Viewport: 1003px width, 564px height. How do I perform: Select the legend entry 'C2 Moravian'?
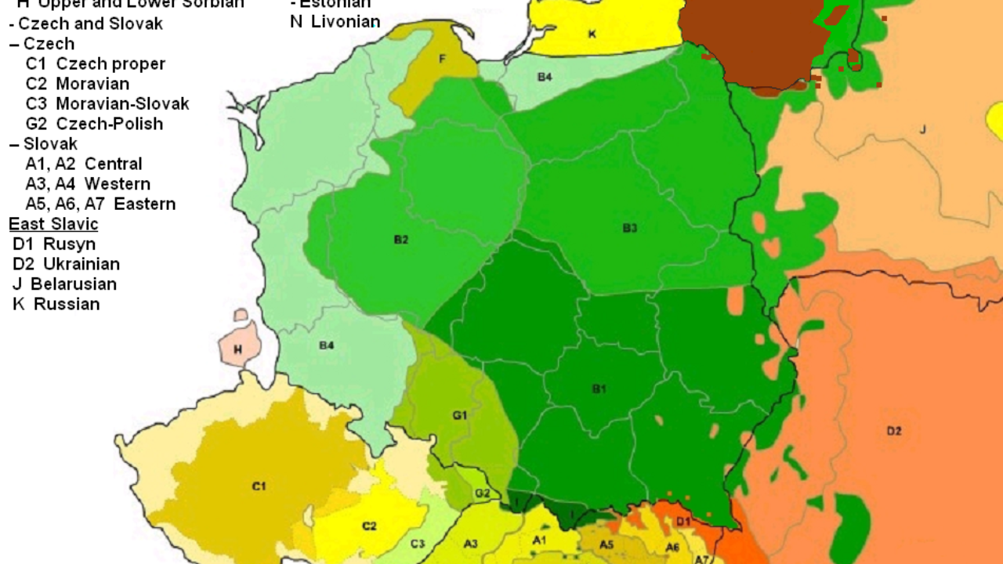[x=77, y=84]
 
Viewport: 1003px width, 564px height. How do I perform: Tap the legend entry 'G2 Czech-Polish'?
[x=94, y=124]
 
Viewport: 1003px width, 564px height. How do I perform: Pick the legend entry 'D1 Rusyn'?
[x=54, y=244]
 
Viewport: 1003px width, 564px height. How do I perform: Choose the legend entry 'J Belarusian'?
[x=64, y=284]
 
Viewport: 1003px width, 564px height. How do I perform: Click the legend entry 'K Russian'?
[x=56, y=304]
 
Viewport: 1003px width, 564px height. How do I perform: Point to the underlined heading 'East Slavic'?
[x=53, y=224]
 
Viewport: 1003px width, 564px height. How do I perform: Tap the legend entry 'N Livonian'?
[x=335, y=22]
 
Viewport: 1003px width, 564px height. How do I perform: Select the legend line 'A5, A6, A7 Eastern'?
[x=100, y=204]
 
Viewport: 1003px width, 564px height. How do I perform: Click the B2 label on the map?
[x=400, y=240]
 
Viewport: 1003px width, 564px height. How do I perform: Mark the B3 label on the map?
[x=630, y=228]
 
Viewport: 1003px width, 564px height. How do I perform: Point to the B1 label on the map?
[x=599, y=389]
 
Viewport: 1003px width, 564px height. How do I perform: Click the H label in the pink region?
[x=237, y=349]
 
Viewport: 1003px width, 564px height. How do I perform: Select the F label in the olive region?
[x=443, y=58]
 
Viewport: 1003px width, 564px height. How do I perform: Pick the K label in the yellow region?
[x=592, y=34]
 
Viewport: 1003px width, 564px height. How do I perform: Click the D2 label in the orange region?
[x=894, y=430]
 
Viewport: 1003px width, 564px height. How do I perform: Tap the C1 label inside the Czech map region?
[x=259, y=486]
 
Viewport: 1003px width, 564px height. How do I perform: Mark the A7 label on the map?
[x=702, y=559]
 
